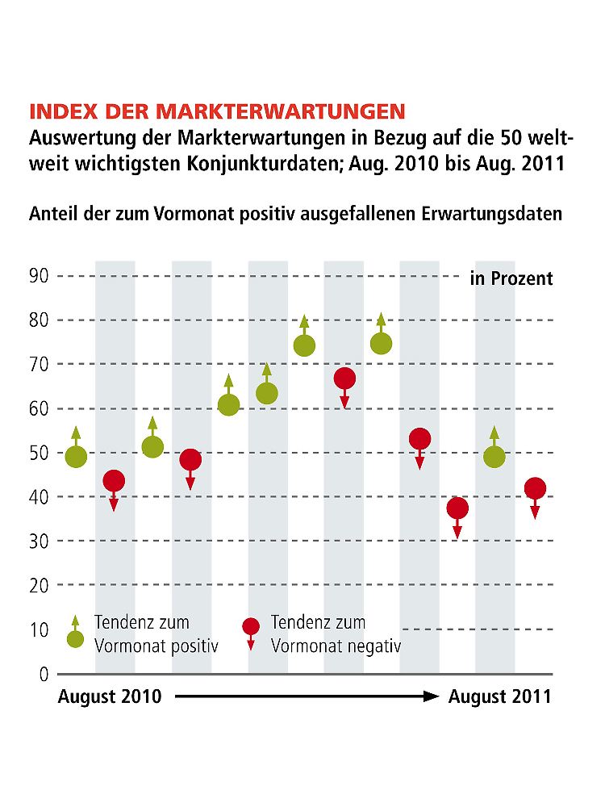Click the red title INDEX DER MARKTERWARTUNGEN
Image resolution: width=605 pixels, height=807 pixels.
click(x=217, y=111)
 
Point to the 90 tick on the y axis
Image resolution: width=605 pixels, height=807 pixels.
click(x=40, y=276)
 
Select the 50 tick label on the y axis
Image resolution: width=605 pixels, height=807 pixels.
click(x=40, y=453)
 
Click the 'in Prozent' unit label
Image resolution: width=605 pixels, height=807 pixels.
click(x=511, y=278)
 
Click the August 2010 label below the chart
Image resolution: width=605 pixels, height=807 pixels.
click(x=109, y=696)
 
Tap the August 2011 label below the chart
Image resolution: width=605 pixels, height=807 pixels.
click(x=499, y=696)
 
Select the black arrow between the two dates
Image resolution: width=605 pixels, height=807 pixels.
click(x=306, y=696)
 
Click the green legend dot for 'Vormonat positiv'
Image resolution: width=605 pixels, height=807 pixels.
click(x=76, y=639)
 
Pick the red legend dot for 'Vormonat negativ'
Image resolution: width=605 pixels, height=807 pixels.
click(x=251, y=626)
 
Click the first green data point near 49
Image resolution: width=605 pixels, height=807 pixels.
click(x=76, y=457)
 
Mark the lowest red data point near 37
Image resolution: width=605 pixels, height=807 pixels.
click(x=457, y=508)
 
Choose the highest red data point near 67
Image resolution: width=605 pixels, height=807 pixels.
click(x=344, y=378)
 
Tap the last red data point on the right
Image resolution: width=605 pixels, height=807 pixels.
click(x=535, y=488)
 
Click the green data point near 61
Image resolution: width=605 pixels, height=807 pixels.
click(x=228, y=404)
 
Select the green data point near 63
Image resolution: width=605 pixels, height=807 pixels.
click(x=267, y=393)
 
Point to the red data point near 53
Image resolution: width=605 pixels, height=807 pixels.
click(x=419, y=439)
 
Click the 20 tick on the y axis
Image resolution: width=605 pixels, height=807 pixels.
click(x=40, y=585)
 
